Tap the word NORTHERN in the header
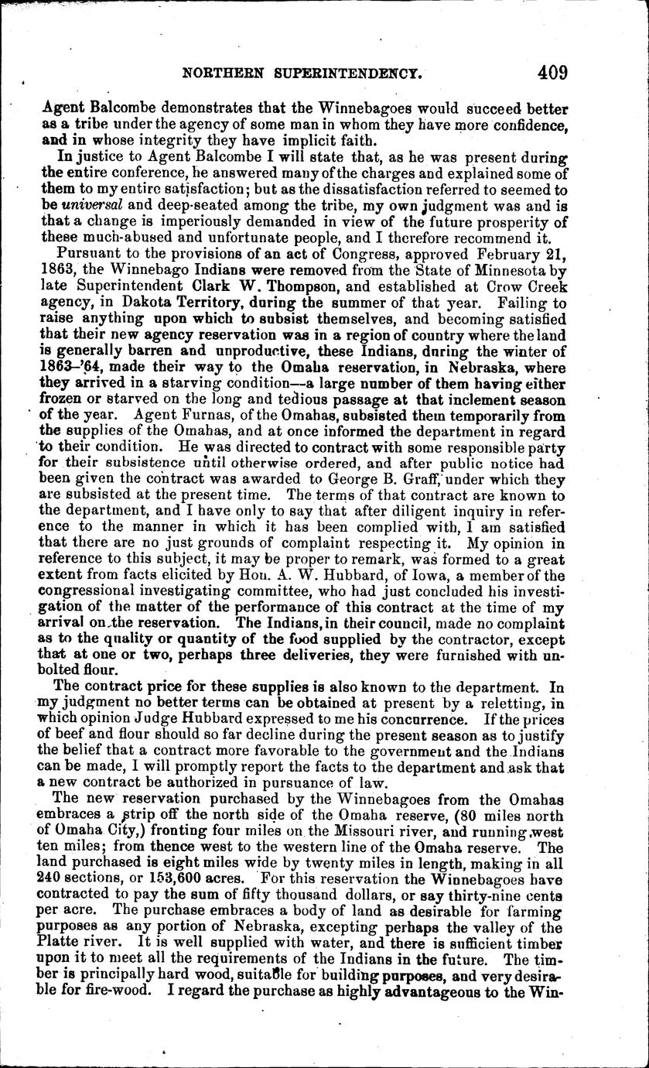coord(221,75)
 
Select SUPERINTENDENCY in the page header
coord(347,75)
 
